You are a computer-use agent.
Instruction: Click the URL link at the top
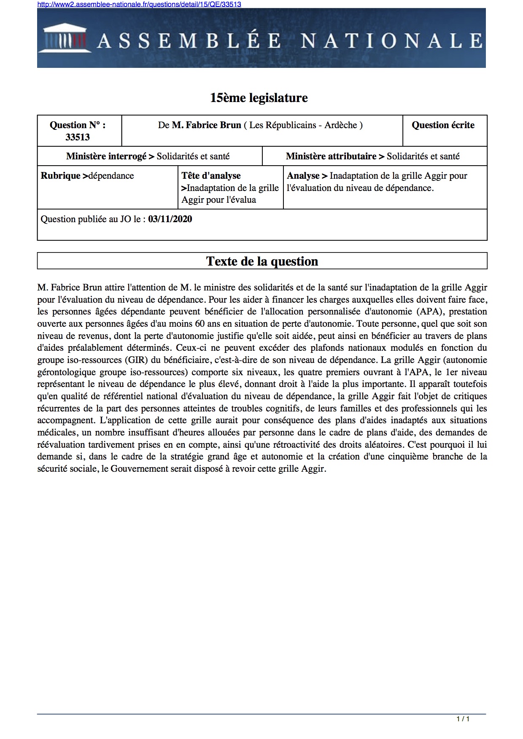pos(139,4)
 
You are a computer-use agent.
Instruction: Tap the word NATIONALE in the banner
pos(391,41)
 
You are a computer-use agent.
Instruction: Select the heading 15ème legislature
pos(259,98)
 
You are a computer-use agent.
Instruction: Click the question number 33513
pos(78,137)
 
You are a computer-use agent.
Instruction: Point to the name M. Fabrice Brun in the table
pos(206,125)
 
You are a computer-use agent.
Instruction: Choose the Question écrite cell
pos(443,125)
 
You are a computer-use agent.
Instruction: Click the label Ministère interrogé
pos(106,156)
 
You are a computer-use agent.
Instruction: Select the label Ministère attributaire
pos(331,156)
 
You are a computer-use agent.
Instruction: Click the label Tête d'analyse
pos(211,176)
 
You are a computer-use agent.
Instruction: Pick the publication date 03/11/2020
pos(170,219)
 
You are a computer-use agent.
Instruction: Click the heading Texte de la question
pos(262,261)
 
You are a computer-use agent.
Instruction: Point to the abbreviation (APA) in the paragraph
pos(431,312)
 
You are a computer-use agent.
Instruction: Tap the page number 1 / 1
pos(463,719)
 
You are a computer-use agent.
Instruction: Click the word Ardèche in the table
pos(340,125)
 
